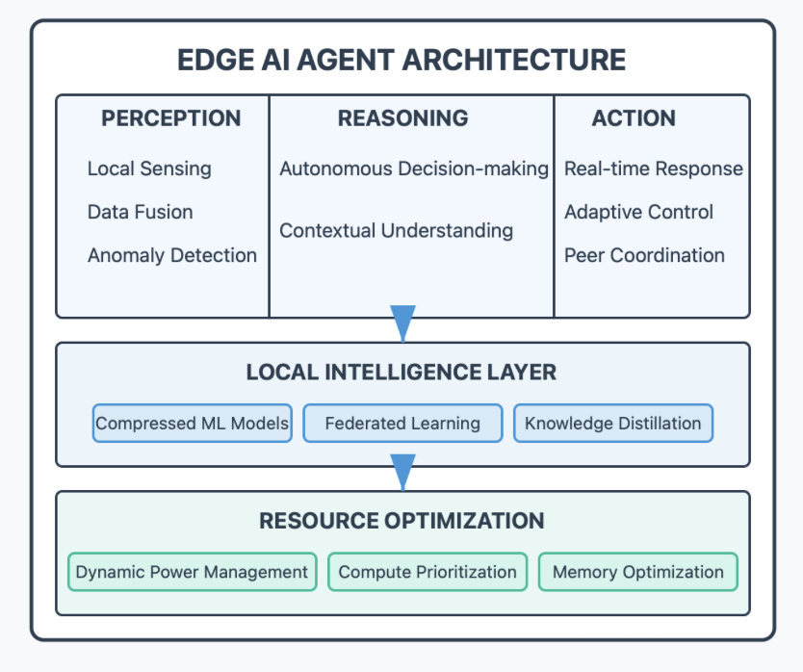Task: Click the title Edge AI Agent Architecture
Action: pos(401,60)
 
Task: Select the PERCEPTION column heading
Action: pos(171,118)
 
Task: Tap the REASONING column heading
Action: pos(402,118)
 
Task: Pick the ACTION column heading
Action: pos(634,118)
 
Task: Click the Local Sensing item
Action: pos(149,168)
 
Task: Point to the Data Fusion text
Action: pos(141,212)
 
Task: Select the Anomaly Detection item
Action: pos(172,255)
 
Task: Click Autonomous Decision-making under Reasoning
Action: pos(414,168)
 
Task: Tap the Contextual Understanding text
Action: pos(397,231)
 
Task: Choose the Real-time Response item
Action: pos(654,168)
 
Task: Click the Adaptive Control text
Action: pos(639,212)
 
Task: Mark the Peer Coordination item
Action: pos(645,255)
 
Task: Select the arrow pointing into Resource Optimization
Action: pos(402,473)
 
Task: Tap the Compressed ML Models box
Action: pos(193,424)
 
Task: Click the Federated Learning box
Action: pos(402,424)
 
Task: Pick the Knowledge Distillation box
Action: pos(613,424)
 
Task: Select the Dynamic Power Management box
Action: pos(193,572)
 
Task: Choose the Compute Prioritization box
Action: pos(427,572)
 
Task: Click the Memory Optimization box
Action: pos(637,572)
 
